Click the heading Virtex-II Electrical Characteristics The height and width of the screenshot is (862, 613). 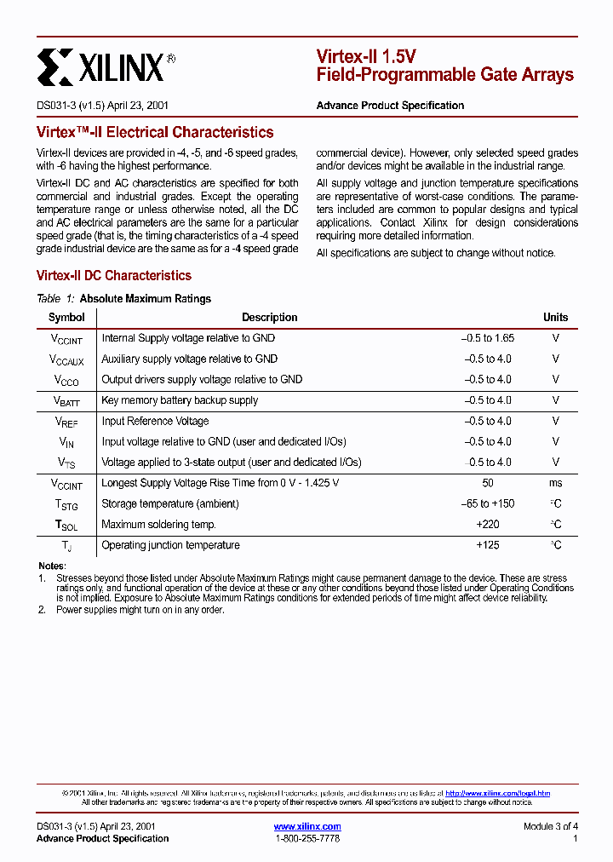pyautogui.click(x=155, y=132)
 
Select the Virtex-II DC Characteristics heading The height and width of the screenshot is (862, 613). pyautogui.click(x=114, y=275)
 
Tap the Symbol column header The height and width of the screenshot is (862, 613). pyautogui.click(x=66, y=318)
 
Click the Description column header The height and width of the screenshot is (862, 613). pyautogui.click(x=269, y=318)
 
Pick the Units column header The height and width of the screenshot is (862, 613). pyautogui.click(x=555, y=318)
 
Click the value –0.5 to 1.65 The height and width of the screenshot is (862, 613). pyautogui.click(x=488, y=338)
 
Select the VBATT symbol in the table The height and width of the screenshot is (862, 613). pyautogui.click(x=66, y=401)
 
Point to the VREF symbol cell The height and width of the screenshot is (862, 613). pyautogui.click(x=66, y=422)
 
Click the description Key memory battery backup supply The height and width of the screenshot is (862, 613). pyautogui.click(x=180, y=400)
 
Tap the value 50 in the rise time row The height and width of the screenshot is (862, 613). pyautogui.click(x=488, y=483)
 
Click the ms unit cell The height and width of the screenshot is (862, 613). pyautogui.click(x=555, y=483)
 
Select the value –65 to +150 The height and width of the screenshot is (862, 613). pyautogui.click(x=488, y=503)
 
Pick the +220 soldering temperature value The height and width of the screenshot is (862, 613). pyautogui.click(x=488, y=525)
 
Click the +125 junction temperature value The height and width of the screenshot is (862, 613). pyautogui.click(x=488, y=545)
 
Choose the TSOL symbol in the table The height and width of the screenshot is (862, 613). pyautogui.click(x=66, y=526)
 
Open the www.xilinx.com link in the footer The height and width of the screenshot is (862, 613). pyautogui.click(x=307, y=826)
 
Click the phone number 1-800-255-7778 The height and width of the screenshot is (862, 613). pyautogui.click(x=307, y=839)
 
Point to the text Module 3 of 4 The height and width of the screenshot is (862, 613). pyautogui.click(x=550, y=826)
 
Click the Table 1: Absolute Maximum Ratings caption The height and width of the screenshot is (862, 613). pyautogui.click(x=124, y=299)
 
